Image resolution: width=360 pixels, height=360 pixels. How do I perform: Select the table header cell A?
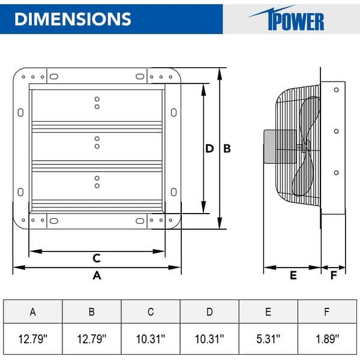tap(32, 311)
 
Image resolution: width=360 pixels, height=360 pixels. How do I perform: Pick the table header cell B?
tap(91, 311)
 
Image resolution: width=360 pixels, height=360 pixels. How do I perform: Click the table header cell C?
tap(151, 311)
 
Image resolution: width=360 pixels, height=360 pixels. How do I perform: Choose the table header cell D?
tap(209, 311)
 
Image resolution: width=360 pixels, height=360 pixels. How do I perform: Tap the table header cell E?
tap(268, 311)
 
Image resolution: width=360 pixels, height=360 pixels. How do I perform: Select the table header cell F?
tap(327, 311)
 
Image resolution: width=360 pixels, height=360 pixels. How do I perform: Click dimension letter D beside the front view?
tap(209, 149)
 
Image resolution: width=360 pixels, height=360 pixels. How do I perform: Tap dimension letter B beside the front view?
tap(227, 149)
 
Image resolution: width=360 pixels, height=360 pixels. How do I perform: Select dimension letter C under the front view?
tap(96, 259)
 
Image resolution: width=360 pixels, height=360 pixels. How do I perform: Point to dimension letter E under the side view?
tap(293, 275)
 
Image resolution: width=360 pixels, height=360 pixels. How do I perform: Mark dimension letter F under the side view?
tap(334, 275)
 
